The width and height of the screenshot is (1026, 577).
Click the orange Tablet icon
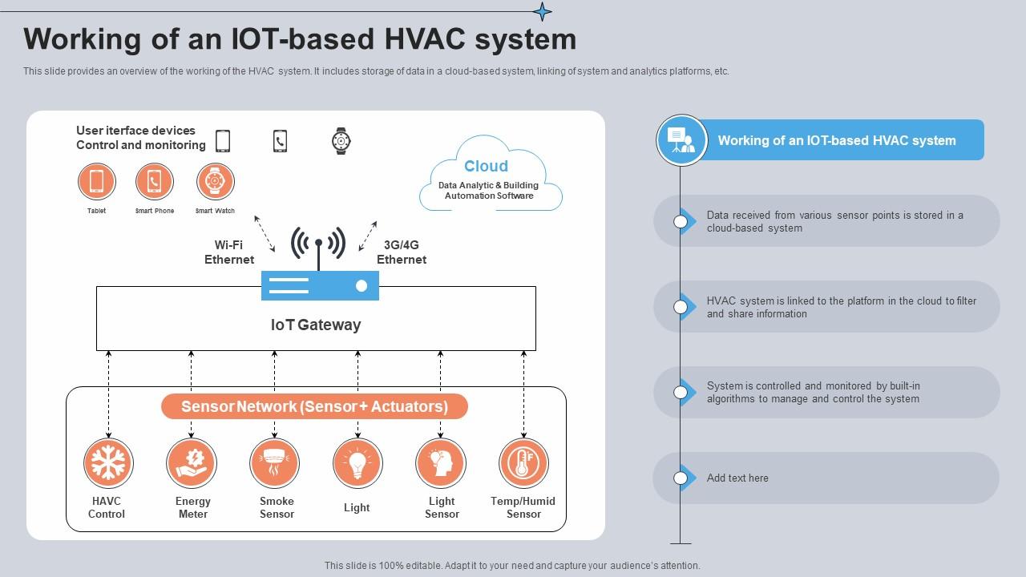click(97, 181)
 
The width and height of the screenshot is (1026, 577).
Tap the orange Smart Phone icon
click(155, 181)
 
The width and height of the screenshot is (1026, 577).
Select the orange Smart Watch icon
click(216, 181)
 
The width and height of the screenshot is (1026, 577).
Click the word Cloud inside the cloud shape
click(486, 166)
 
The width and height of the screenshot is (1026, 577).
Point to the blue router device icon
click(320, 285)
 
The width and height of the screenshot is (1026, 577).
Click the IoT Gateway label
click(316, 325)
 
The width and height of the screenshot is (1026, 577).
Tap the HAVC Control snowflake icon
click(108, 463)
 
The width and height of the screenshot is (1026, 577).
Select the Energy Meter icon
click(192, 463)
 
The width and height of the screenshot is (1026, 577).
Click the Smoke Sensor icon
click(274, 463)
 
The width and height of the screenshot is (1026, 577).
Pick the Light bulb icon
click(357, 463)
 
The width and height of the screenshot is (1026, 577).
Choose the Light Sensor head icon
click(441, 463)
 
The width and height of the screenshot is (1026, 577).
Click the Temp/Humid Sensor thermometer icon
click(523, 463)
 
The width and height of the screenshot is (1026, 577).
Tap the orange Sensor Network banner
click(314, 406)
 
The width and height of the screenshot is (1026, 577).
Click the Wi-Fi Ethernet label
click(229, 252)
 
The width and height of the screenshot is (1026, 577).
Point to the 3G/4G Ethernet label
click(402, 252)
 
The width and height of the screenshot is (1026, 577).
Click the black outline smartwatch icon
click(341, 141)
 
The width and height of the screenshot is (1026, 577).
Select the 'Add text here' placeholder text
click(737, 478)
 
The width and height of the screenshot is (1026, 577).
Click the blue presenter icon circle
click(681, 140)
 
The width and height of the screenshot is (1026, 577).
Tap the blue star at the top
click(543, 11)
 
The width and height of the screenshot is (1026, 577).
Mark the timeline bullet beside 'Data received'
click(681, 221)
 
